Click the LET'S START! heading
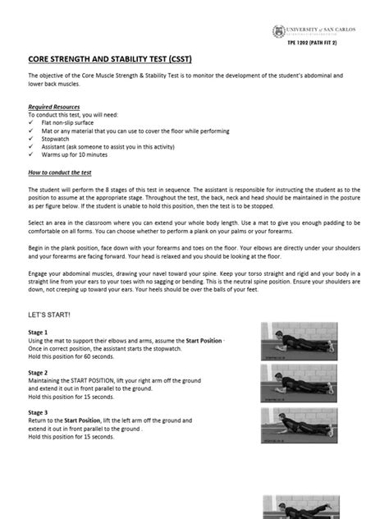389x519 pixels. (x=50, y=314)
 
